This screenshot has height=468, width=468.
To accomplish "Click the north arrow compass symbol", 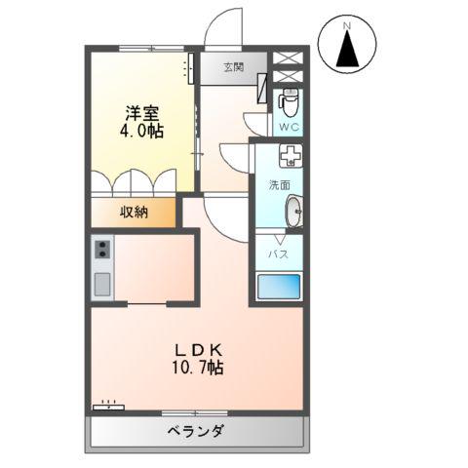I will pyautogui.click(x=349, y=48).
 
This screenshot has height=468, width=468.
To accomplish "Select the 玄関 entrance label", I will pyautogui.click(x=232, y=67).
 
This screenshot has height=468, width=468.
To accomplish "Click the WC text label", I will pyautogui.click(x=290, y=127).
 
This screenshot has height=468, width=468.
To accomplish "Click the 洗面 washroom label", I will pyautogui.click(x=280, y=185).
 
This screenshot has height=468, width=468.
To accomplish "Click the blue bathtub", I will pyautogui.click(x=279, y=288).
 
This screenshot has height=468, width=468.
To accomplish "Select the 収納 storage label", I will pyautogui.click(x=135, y=213).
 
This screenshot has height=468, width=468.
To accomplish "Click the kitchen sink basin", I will pyautogui.click(x=101, y=285).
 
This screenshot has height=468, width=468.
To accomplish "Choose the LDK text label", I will pyautogui.click(x=200, y=349).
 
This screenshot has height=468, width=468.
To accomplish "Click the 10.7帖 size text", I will pyautogui.click(x=200, y=369).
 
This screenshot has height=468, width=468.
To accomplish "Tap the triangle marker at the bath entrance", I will pyautogui.click(x=279, y=237).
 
